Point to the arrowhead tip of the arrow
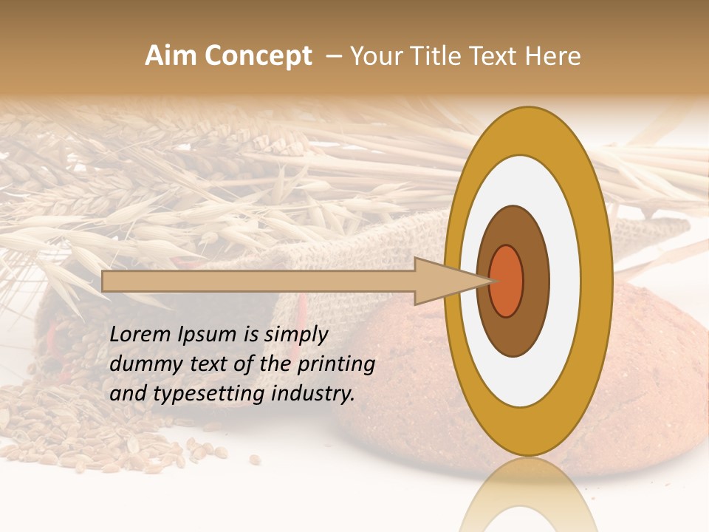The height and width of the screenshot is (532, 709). point(490,281)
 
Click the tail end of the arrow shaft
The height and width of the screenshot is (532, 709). point(106,281)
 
